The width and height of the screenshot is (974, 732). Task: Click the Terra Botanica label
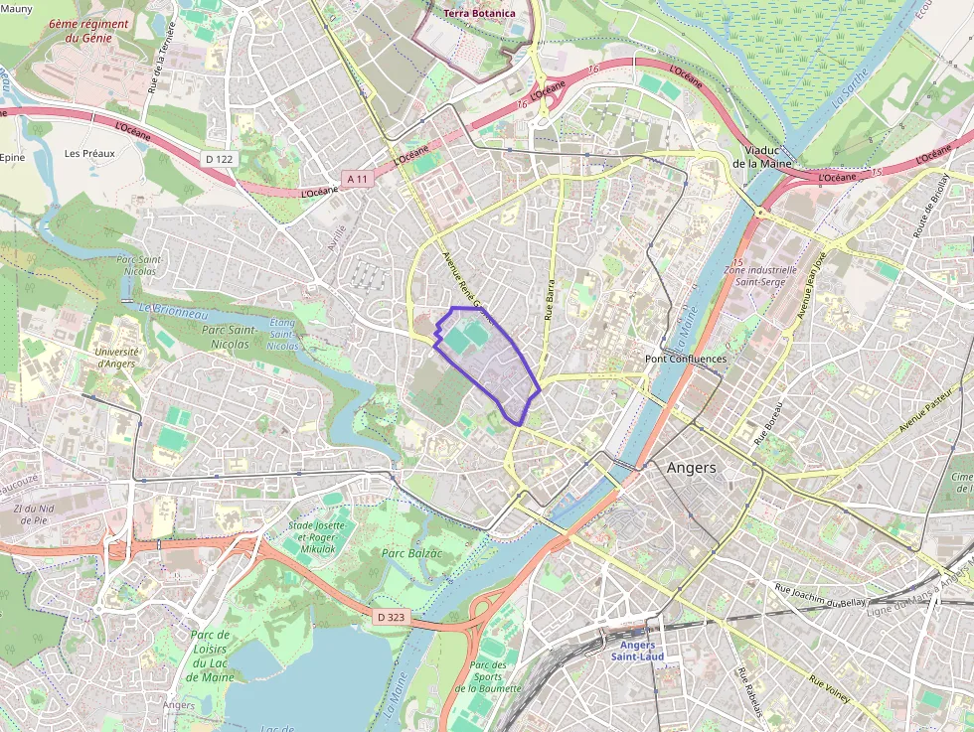click(479, 13)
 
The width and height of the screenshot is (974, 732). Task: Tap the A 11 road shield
click(358, 179)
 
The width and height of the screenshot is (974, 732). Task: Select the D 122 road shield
click(219, 159)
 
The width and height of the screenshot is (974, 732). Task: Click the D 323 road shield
click(392, 617)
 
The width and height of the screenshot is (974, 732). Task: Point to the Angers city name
click(691, 467)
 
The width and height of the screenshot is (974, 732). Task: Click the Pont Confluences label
click(686, 359)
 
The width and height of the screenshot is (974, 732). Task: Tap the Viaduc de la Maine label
click(760, 156)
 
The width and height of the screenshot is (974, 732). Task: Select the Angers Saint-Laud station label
click(637, 651)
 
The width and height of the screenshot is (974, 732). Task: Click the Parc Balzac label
click(411, 552)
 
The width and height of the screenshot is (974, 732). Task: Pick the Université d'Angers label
click(117, 358)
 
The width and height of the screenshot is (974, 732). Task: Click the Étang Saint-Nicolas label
click(282, 335)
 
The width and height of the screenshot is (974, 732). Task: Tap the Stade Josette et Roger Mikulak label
click(316, 536)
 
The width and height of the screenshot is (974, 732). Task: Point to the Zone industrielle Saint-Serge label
click(761, 276)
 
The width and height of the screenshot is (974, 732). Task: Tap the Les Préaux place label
click(89, 154)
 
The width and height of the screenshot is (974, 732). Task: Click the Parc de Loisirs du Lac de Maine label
click(210, 656)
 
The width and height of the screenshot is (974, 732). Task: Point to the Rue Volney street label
click(829, 690)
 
